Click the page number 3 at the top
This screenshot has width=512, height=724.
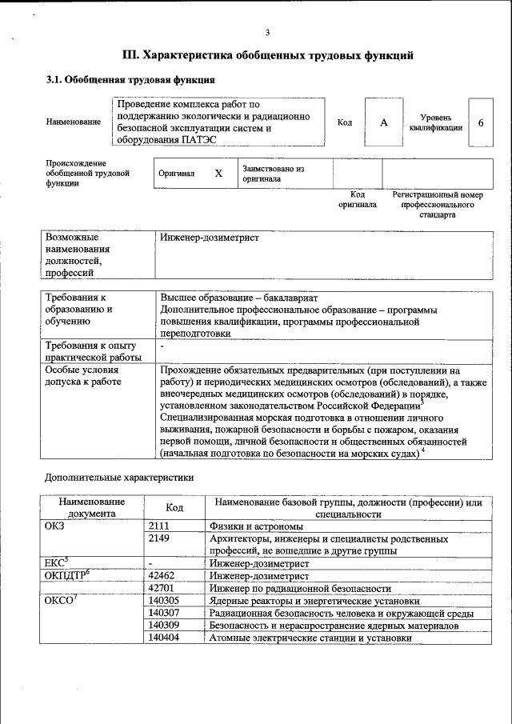pos(268,32)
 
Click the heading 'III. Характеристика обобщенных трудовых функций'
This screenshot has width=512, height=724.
pos(267,56)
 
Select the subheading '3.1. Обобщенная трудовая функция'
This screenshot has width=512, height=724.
pos(130,80)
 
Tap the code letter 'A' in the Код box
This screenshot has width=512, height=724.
pos(383,122)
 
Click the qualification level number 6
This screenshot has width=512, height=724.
pos(480,122)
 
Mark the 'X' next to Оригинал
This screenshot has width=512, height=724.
pos(218,174)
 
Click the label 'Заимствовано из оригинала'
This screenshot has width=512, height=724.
pos(274,174)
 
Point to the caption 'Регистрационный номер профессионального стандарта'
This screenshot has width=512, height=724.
pos(437,205)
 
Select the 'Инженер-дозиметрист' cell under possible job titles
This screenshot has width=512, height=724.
pos(210,238)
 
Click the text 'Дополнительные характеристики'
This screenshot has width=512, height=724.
pos(118,477)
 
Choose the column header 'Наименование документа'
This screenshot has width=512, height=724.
pos(92,507)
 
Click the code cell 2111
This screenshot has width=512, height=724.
pos(159,526)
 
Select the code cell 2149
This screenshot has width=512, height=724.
pos(159,539)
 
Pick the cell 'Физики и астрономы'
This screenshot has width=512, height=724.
pos(256,526)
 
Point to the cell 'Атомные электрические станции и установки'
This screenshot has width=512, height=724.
pos(310,638)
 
